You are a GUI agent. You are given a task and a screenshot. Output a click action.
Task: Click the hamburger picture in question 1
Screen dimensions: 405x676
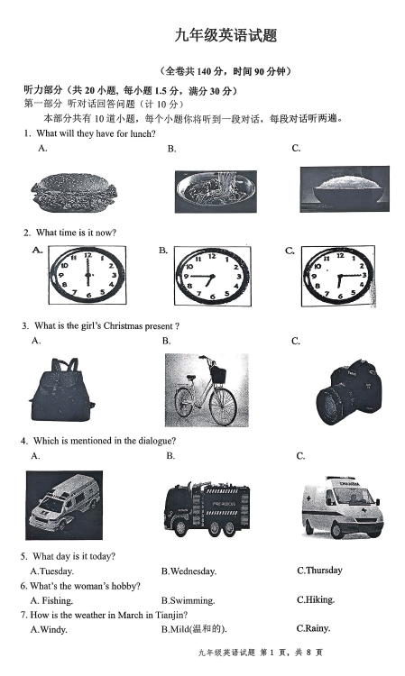pyautogui.click(x=74, y=192)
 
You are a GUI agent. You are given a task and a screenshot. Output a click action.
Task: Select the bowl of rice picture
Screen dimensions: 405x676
pyautogui.click(x=345, y=189)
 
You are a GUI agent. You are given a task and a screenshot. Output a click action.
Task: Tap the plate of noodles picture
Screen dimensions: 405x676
pyautogui.click(x=216, y=191)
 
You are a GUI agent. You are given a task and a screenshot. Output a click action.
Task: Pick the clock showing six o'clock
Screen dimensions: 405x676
pyautogui.click(x=87, y=275)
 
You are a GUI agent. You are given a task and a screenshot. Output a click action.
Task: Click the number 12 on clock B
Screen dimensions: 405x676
pyautogui.click(x=212, y=257)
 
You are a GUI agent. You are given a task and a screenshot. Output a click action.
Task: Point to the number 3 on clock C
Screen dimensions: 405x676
pyautogui.click(x=364, y=275)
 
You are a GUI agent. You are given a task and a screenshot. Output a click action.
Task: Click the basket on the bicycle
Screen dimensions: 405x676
pyautogui.click(x=218, y=374)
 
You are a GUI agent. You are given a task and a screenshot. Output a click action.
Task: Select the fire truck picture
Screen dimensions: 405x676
pyautogui.click(x=207, y=510)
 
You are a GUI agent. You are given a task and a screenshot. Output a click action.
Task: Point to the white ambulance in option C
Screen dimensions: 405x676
pyautogui.click(x=342, y=507)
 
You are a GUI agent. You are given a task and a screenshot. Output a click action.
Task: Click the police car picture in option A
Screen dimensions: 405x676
pyautogui.click(x=64, y=505)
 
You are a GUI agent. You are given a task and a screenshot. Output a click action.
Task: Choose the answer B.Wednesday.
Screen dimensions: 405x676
pyautogui.click(x=189, y=571)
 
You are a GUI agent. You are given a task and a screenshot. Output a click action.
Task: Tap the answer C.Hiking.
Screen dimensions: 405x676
pyautogui.click(x=316, y=599)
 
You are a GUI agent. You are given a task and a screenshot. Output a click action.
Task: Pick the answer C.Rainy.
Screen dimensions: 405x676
pyautogui.click(x=313, y=628)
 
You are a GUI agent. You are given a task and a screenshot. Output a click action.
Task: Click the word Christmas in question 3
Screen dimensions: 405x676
pyautogui.click(x=123, y=326)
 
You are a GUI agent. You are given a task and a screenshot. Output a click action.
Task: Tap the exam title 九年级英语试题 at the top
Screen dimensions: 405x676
pyautogui.click(x=226, y=35)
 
